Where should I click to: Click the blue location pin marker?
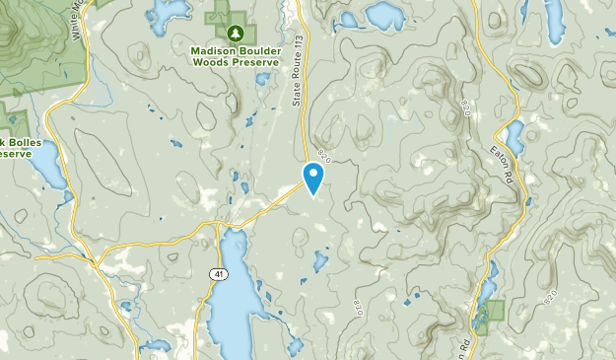click(x=314, y=177)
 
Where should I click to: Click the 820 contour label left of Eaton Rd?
click(x=465, y=105)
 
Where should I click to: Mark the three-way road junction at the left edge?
click(x=37, y=257)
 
